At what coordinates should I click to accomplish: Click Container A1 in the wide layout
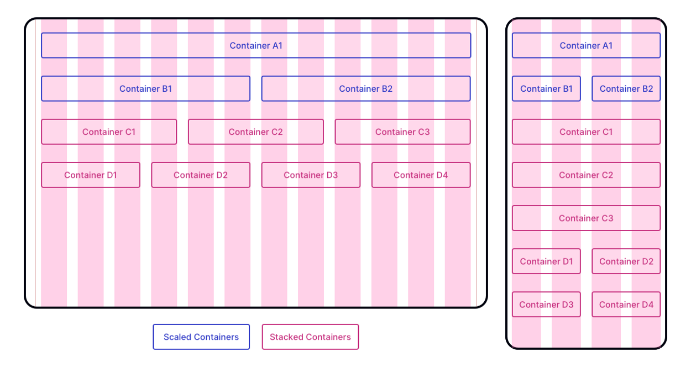pos(256,45)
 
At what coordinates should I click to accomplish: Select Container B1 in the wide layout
pos(145,88)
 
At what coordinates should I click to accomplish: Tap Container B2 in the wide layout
pos(366,88)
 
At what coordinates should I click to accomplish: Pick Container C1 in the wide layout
pos(109,132)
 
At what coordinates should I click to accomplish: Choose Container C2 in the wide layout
pos(256,132)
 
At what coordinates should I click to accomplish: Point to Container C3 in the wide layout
pos(402,132)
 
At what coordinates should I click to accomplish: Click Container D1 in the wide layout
pos(91,175)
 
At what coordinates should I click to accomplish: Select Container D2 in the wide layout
pos(201,175)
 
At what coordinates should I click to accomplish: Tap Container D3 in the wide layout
pos(311,175)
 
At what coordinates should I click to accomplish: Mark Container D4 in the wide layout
pos(421,175)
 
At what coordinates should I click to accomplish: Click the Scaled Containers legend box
pos(201,337)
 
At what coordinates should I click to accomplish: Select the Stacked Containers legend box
pos(310,337)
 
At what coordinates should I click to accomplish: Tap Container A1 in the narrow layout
pos(586,45)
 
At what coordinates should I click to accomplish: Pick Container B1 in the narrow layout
pos(546,88)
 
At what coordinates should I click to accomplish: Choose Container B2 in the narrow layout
pos(626,88)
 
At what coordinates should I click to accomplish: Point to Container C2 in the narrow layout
pos(586,175)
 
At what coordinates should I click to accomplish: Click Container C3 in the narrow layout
pos(586,218)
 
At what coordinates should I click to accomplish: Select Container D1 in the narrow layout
pos(546,261)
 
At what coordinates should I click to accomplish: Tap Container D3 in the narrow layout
pos(546,305)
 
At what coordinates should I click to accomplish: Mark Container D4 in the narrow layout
pos(626,305)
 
